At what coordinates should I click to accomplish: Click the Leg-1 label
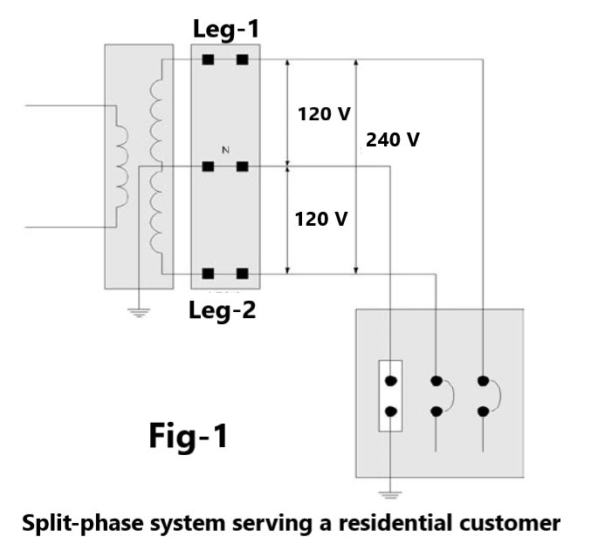[x=225, y=30]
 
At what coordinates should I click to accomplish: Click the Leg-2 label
[x=223, y=310]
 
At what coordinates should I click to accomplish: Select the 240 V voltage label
[x=393, y=139]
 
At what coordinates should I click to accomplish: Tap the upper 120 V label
[x=323, y=114]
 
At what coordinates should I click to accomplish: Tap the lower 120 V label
[x=321, y=219]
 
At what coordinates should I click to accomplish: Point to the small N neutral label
[x=225, y=151]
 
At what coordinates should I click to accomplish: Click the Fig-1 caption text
[x=188, y=435]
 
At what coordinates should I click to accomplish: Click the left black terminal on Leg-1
[x=208, y=60]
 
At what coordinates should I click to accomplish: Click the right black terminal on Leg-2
[x=242, y=275]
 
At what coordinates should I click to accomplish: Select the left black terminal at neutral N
[x=208, y=166]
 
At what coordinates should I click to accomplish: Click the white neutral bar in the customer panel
[x=390, y=396]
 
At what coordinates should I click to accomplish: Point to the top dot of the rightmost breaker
[x=482, y=381]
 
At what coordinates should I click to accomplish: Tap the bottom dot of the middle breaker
[x=436, y=411]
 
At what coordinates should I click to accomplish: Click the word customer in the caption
[x=509, y=523]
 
